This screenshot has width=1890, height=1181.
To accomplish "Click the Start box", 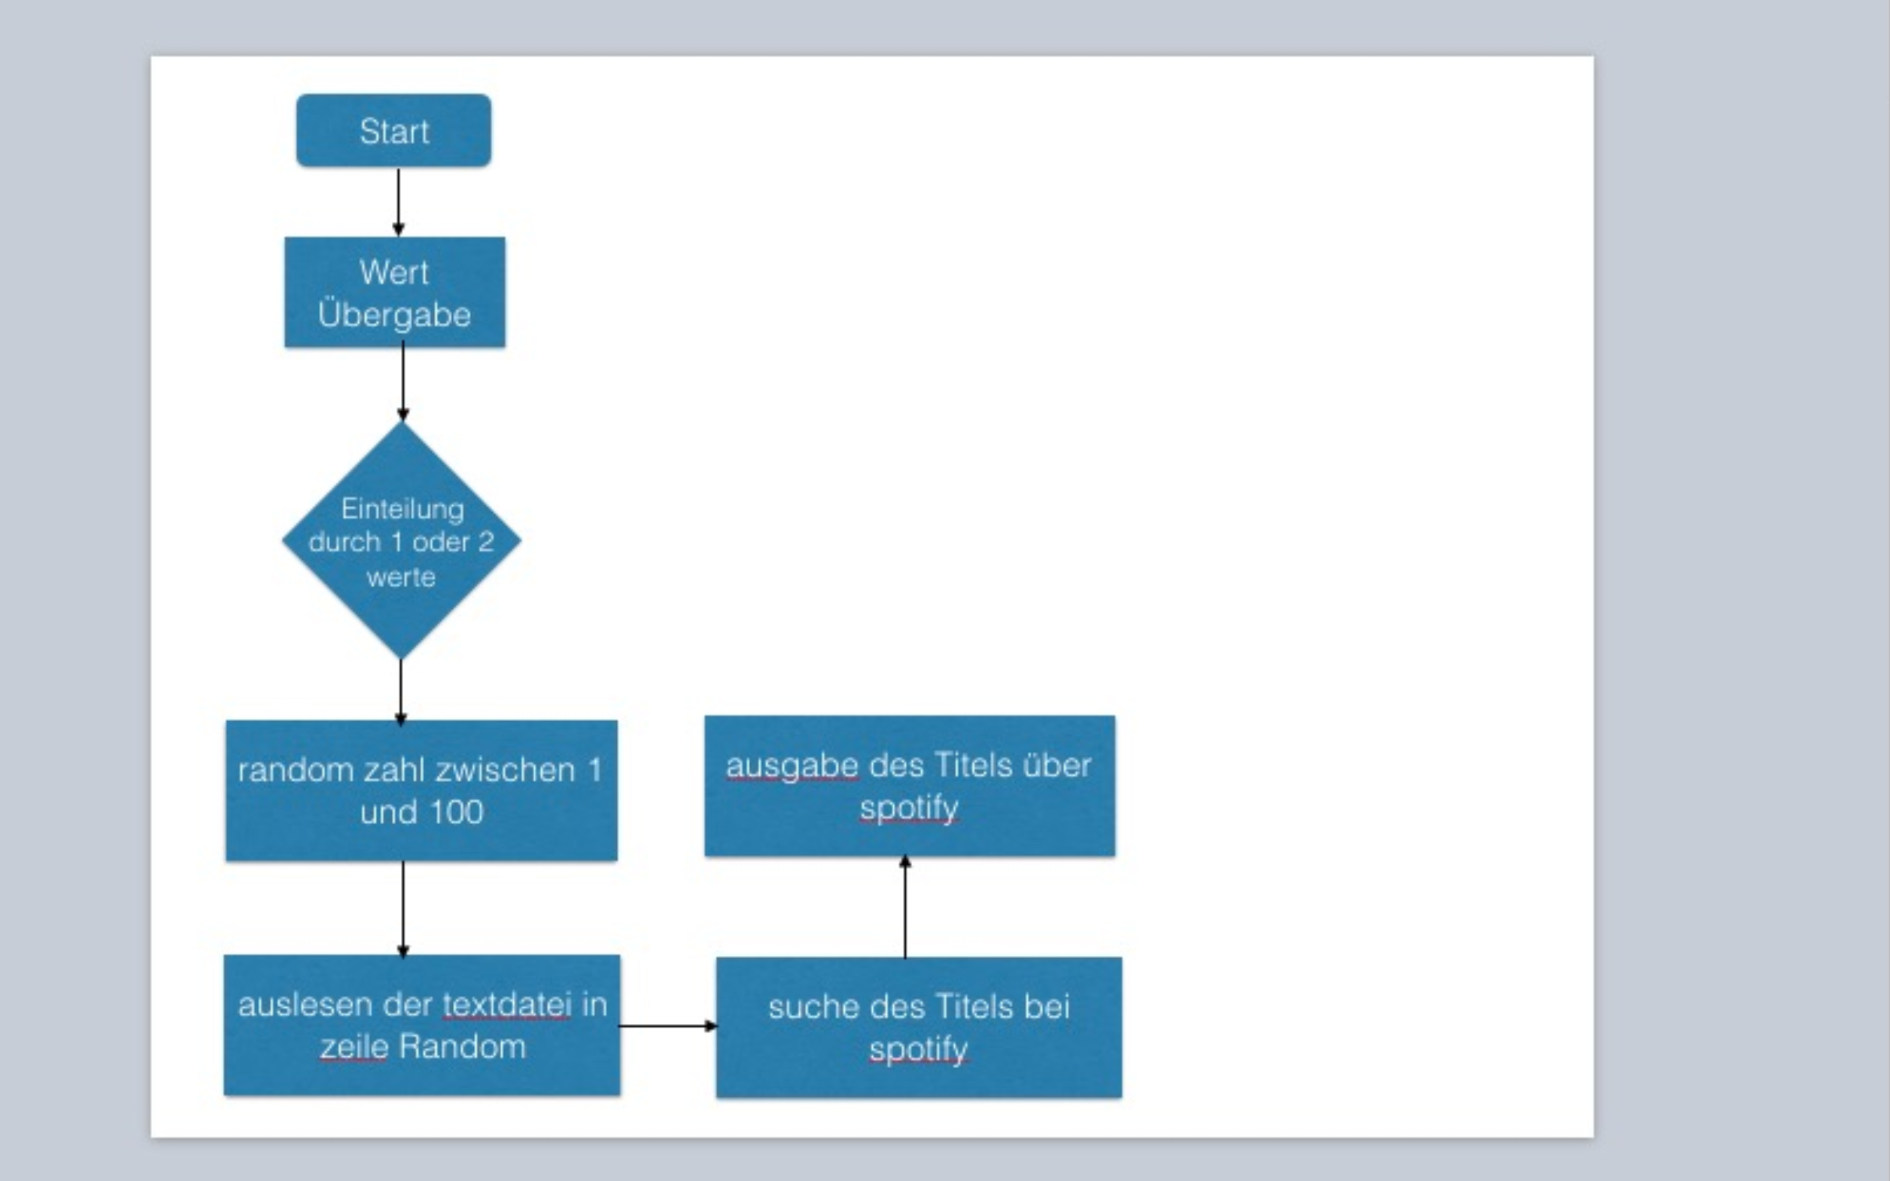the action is (x=394, y=131).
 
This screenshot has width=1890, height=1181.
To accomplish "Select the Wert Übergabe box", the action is (x=394, y=292).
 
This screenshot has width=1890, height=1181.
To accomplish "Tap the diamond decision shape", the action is (x=402, y=541).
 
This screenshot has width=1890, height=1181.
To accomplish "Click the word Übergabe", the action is (x=394, y=315).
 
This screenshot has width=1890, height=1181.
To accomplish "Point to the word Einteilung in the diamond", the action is (x=402, y=509).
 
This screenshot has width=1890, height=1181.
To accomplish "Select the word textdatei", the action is (x=507, y=1005).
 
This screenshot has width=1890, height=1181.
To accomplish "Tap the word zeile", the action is (x=354, y=1046).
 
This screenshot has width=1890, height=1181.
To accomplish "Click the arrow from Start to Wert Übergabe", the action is (x=398, y=201).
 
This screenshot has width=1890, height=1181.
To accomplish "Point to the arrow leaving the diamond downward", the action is (x=401, y=692).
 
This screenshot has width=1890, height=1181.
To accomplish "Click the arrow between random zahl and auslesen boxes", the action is (x=403, y=909).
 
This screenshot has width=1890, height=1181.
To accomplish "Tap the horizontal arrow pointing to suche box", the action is (x=668, y=1026).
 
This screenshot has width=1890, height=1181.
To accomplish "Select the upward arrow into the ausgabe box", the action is (x=905, y=906).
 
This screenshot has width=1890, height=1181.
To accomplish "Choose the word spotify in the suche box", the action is (x=919, y=1050).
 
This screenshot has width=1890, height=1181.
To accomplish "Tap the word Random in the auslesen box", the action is (x=463, y=1046).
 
